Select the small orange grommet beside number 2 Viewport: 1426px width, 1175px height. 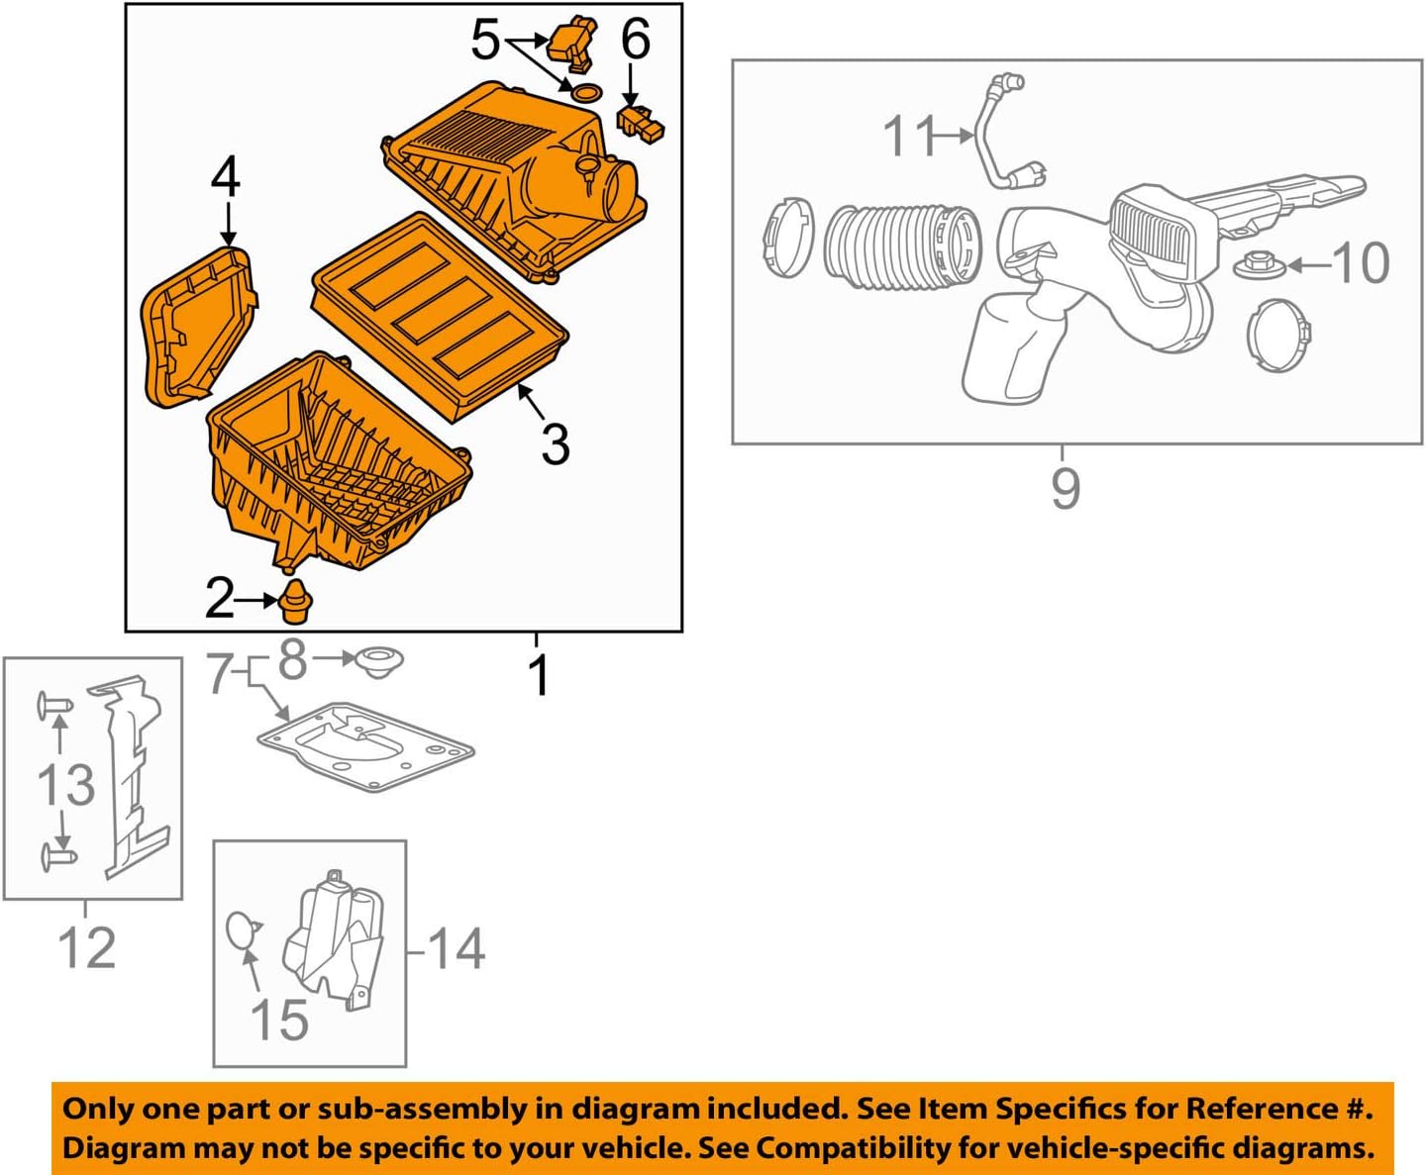coord(293,603)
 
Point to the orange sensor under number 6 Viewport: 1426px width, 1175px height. coord(640,124)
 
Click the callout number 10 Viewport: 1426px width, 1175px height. coord(1361,263)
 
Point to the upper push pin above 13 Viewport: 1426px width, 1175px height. coord(54,706)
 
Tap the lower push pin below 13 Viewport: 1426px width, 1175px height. coord(58,854)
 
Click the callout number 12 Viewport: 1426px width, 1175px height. coord(86,947)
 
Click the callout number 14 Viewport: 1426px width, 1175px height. coord(457,948)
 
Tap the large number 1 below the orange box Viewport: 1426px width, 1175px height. coord(538,676)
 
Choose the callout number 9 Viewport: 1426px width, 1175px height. coord(1065,488)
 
